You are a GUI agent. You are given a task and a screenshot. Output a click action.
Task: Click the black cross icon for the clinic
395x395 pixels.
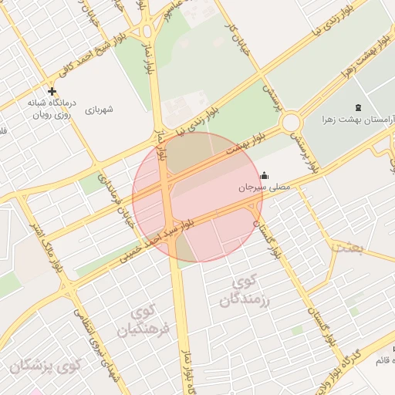point(52,91)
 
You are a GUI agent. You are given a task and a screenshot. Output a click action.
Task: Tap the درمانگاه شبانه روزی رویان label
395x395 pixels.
point(52,108)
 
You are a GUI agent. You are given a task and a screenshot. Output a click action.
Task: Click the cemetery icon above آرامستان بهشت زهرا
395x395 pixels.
point(356,107)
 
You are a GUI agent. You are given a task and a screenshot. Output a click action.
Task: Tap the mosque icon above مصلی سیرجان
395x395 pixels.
point(265,174)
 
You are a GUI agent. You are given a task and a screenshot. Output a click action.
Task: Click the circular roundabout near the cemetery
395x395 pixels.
point(292,122)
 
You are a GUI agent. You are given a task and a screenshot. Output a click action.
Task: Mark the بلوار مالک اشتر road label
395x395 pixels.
point(48,248)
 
